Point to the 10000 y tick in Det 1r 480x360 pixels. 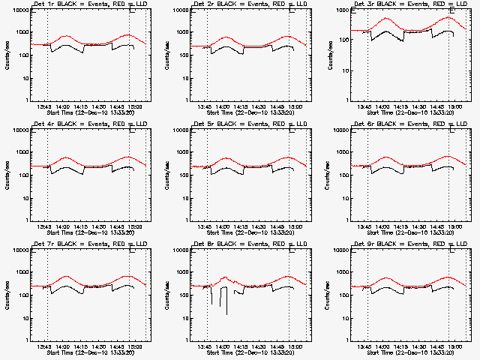17,10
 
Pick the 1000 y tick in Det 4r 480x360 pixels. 19,153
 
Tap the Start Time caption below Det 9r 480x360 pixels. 404,352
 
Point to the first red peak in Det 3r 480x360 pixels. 387,18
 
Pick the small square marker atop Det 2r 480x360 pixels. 292,10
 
